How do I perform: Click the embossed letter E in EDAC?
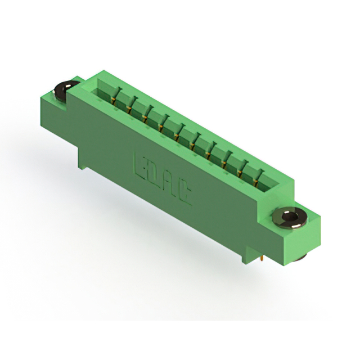click(141, 166)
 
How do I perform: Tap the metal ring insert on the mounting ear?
click(290, 217)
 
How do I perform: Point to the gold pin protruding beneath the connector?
click(261, 259)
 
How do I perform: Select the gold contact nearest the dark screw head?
click(112, 101)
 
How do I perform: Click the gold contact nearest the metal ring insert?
click(255, 182)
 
